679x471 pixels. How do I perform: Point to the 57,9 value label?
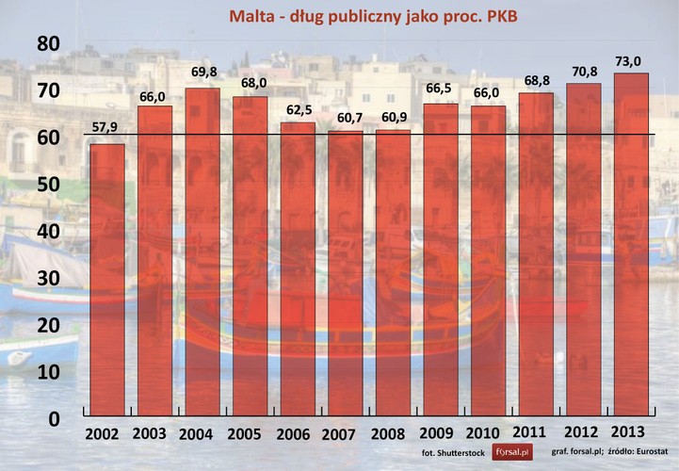105,127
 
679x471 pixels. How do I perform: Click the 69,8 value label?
202,72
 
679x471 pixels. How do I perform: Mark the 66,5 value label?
440,88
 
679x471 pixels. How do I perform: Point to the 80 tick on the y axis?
48,43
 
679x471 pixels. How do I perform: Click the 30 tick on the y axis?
48,278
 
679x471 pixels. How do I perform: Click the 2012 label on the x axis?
582,435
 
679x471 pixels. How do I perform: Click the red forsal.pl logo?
512,452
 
